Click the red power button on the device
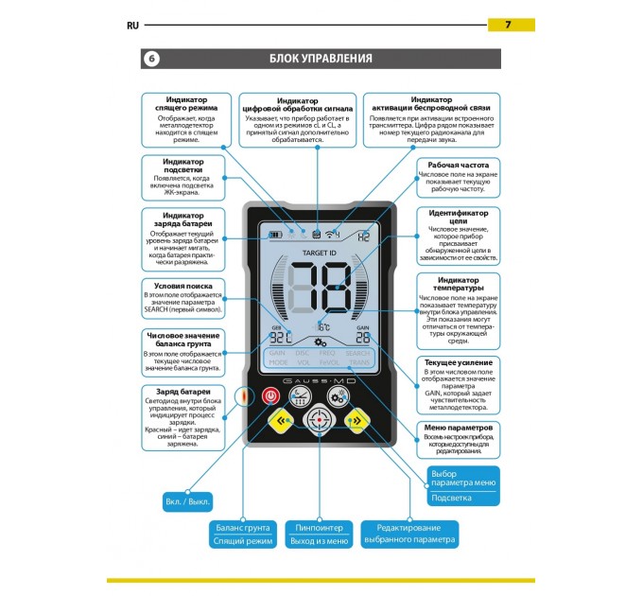(271, 396)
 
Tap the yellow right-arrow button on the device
(356, 421)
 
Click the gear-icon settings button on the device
(338, 395)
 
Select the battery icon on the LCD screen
(275, 234)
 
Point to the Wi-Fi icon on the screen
(331, 233)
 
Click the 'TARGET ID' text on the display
(319, 254)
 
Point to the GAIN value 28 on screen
(362, 337)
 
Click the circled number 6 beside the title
(152, 59)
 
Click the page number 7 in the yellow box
(511, 24)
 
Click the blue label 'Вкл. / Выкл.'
(188, 500)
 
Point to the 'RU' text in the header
(133, 25)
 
